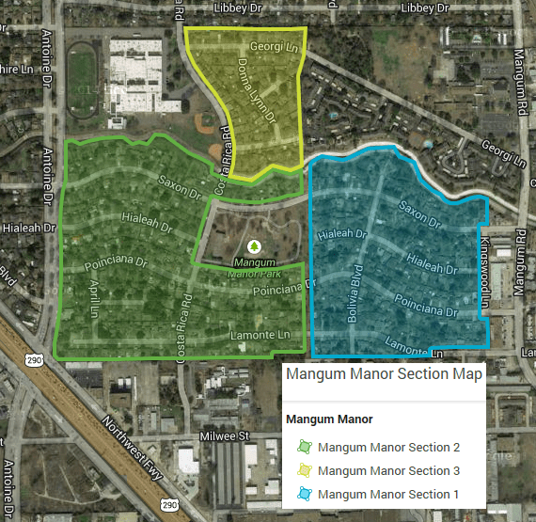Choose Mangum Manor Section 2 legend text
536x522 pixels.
[x=388, y=448]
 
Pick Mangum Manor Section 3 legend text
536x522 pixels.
[x=388, y=470]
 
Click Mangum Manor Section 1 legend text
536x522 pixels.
[x=388, y=494]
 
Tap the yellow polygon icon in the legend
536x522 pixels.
[x=303, y=470]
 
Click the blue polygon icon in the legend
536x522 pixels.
[x=303, y=494]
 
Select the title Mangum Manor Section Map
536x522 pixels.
[x=384, y=374]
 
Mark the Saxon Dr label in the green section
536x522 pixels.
[x=180, y=186]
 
